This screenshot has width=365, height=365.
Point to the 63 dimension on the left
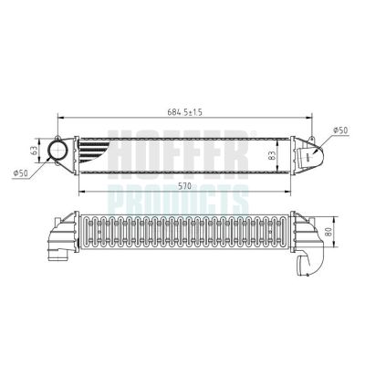pos(34,145)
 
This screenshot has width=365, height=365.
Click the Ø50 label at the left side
pos(19,171)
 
